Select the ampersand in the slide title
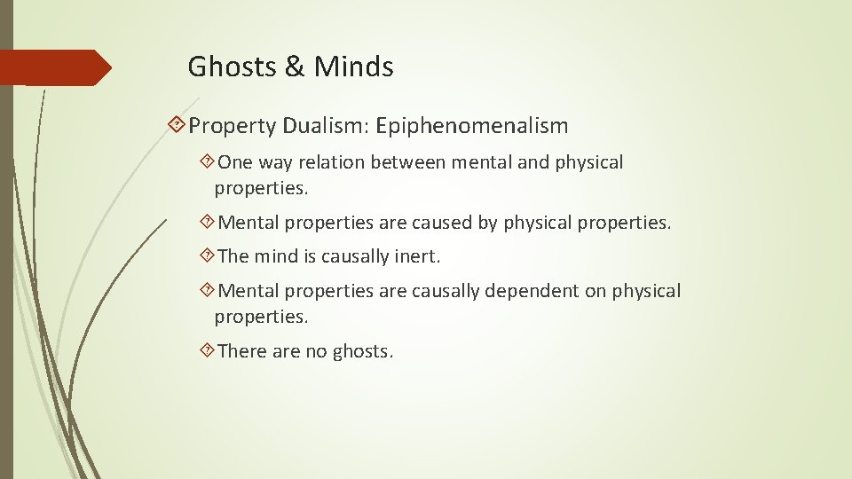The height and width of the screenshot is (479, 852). (x=293, y=67)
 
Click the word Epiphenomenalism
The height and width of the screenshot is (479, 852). (x=471, y=126)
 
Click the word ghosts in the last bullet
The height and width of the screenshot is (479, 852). (x=361, y=351)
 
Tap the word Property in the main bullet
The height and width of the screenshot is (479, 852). (x=233, y=126)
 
